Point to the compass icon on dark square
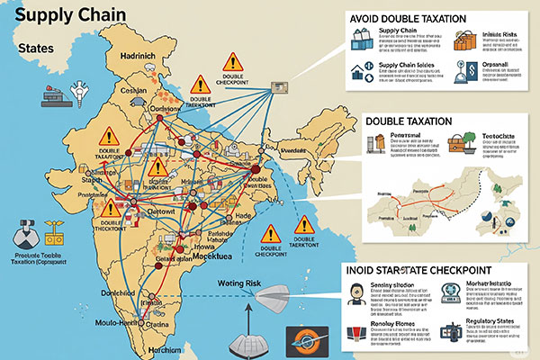pyautogui.click(x=299, y=342)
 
